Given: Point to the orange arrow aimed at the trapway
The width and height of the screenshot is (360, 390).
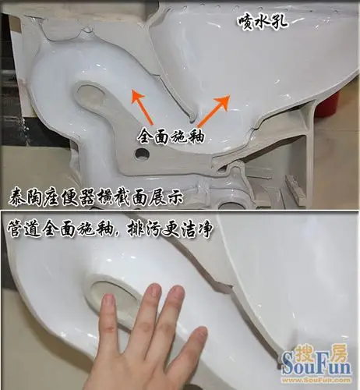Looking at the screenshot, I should pos(140,102).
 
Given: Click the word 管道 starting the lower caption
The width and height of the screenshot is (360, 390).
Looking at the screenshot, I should pos(24,232).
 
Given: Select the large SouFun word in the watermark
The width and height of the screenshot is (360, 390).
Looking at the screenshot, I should pos(311,367).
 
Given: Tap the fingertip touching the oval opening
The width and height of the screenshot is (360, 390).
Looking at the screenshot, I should pos(153,292).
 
